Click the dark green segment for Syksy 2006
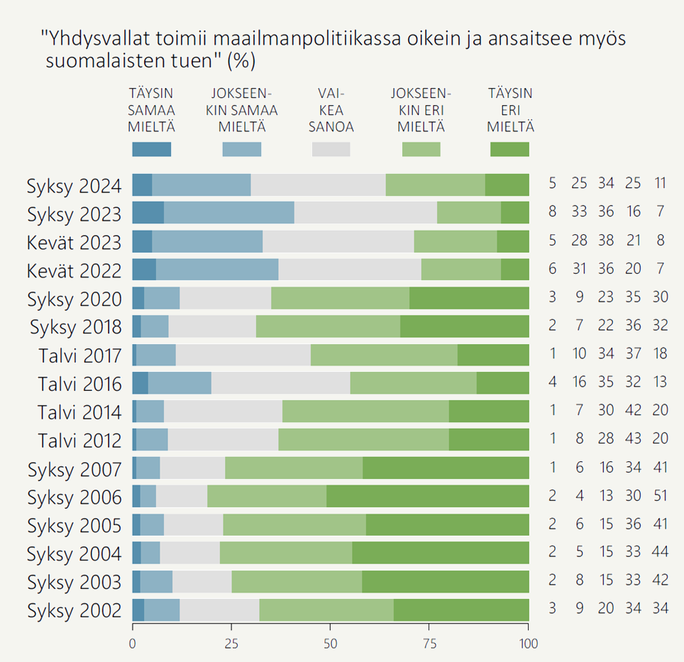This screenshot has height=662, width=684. click(x=427, y=497)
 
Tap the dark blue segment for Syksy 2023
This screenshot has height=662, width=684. click(x=148, y=213)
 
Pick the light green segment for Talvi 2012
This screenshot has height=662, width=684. click(x=363, y=440)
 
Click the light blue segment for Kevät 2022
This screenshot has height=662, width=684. click(x=217, y=270)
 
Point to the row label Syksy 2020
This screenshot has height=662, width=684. click(x=75, y=299)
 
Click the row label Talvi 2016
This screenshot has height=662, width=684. click(x=79, y=384)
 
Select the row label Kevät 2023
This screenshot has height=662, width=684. click(x=75, y=242)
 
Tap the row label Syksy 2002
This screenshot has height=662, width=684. click(x=75, y=610)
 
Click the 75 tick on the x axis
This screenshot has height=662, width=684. click(x=429, y=644)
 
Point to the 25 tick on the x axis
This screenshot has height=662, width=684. click(x=231, y=644)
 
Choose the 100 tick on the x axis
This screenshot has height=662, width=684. click(x=528, y=644)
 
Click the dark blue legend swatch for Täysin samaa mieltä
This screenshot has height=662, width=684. click(x=152, y=149)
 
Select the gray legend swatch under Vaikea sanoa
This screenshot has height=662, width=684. click(x=331, y=149)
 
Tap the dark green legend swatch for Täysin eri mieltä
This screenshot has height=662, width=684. click(x=509, y=149)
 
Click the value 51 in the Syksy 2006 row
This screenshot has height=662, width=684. click(x=661, y=496)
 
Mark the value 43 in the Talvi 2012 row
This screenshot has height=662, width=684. click(x=632, y=439)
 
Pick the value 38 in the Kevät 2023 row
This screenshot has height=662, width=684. click(x=605, y=240)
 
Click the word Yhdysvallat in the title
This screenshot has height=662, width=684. click(x=92, y=39)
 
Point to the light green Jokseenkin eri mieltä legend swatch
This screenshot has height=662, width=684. click(x=421, y=149)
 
